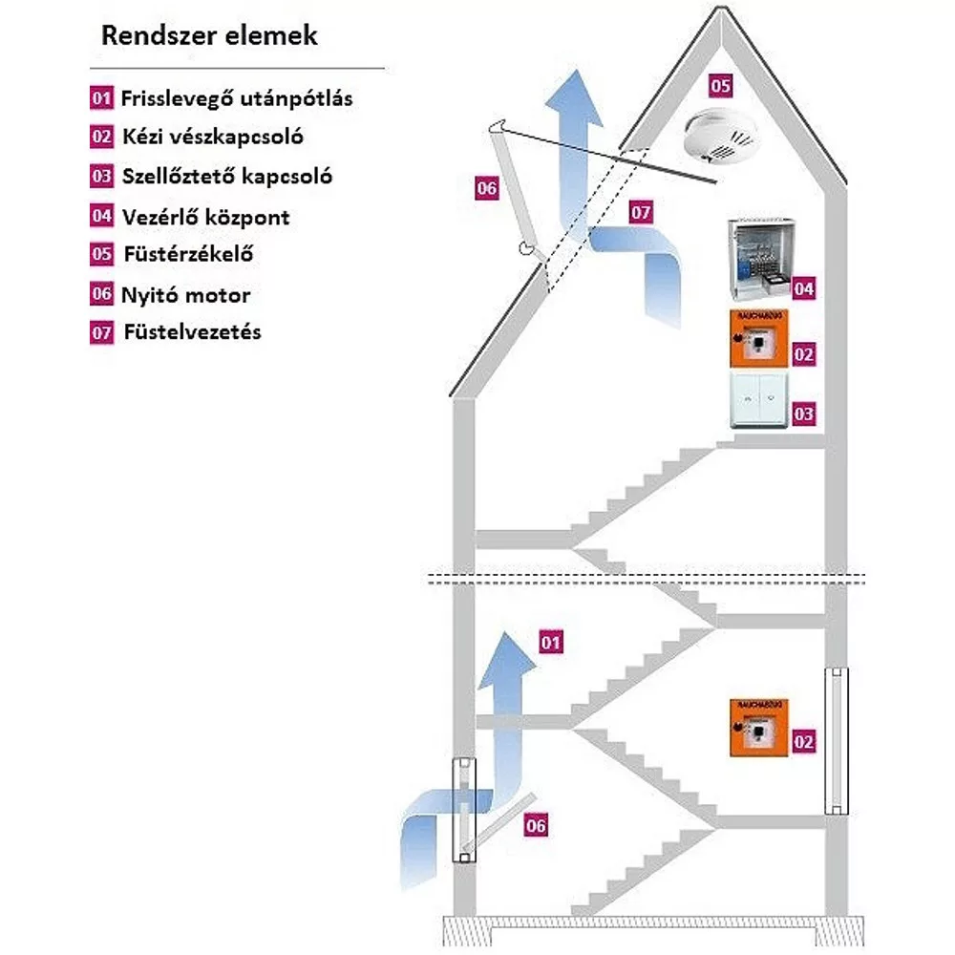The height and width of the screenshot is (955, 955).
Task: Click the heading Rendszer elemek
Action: [209, 37]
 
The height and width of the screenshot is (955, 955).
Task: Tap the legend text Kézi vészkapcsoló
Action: [212, 137]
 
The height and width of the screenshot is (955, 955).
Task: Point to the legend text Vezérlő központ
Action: [205, 217]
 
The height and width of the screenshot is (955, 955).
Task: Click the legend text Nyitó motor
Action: [185, 294]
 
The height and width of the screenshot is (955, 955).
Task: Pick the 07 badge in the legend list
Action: [102, 333]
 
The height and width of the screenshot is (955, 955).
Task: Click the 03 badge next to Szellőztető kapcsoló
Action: [102, 177]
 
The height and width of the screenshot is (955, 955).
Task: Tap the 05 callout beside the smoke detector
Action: [720, 86]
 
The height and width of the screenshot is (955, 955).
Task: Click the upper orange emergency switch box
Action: [758, 338]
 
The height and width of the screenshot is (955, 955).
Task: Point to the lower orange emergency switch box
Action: [758, 728]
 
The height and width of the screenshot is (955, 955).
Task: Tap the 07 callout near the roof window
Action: [641, 213]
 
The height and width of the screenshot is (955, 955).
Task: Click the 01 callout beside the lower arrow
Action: [551, 642]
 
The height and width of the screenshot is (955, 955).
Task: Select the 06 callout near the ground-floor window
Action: [537, 825]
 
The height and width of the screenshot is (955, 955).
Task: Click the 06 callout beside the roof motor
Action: [486, 189]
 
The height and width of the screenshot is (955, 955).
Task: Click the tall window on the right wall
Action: [837, 741]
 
